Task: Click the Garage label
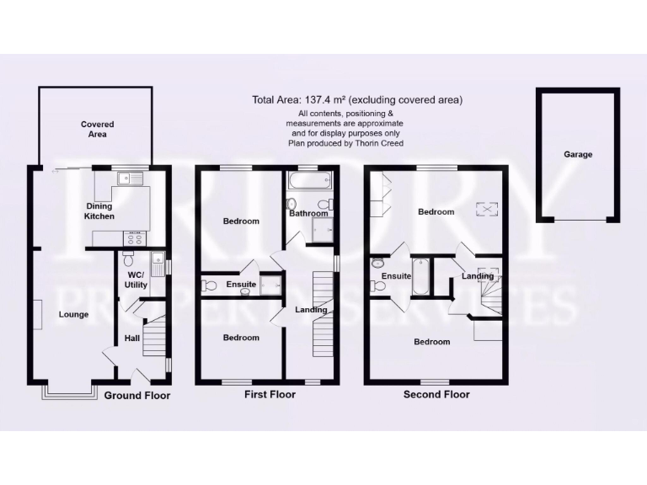pyautogui.click(x=578, y=155)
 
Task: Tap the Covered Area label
pyautogui.click(x=98, y=129)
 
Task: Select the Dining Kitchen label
pyautogui.click(x=99, y=211)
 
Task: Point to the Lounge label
pyautogui.click(x=73, y=315)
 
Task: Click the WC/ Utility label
pyautogui.click(x=136, y=280)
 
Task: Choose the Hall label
pyautogui.click(x=132, y=338)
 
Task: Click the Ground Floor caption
pyautogui.click(x=137, y=395)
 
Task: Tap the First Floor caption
pyautogui.click(x=270, y=394)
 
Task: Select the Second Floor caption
pyautogui.click(x=436, y=394)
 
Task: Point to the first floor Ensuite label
pyautogui.click(x=241, y=285)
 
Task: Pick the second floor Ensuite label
pyautogui.click(x=396, y=276)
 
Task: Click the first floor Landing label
pyautogui.click(x=311, y=310)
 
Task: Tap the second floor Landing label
pyautogui.click(x=478, y=276)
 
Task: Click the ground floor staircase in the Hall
pyautogui.click(x=156, y=340)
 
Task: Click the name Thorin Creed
pyautogui.click(x=381, y=143)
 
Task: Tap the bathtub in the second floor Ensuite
pyautogui.click(x=421, y=277)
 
